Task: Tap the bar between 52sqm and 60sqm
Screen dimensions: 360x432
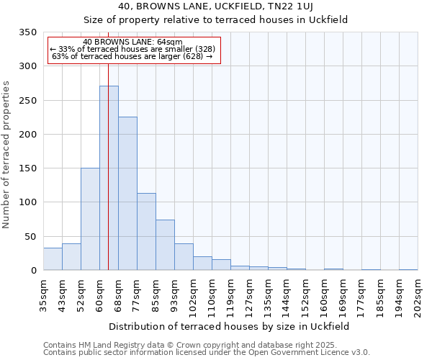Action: click(90, 219)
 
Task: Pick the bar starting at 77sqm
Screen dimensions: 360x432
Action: click(146, 231)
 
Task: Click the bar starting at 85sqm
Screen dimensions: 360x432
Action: click(165, 245)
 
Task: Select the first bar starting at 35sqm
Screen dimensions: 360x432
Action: click(53, 258)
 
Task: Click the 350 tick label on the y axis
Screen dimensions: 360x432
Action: click(27, 32)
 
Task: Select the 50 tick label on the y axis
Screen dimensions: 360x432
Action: click(30, 237)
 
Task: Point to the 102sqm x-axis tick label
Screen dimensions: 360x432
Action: click(193, 294)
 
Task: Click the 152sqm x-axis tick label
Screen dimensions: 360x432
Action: click(305, 294)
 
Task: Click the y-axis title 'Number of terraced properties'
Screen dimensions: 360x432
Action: click(6, 155)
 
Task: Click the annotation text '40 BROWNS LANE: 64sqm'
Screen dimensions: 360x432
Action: click(132, 42)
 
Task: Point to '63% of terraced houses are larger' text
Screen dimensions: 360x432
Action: click(132, 57)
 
